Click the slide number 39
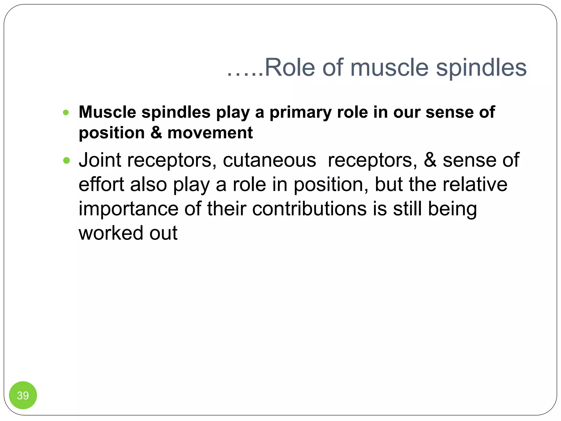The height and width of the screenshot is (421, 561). tap(23, 395)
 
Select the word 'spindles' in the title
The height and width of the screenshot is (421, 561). tap(481, 68)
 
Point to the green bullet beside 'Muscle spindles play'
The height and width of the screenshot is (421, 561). tap(66, 112)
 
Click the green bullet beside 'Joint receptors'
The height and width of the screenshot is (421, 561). tap(66, 160)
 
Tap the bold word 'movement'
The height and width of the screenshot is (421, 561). tap(210, 133)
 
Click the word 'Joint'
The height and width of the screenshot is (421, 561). tap(100, 160)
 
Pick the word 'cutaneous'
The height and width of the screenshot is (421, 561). tap(269, 160)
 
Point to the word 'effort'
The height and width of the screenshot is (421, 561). tap(101, 184)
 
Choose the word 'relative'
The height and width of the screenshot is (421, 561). tap(475, 184)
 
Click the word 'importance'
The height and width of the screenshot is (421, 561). tap(128, 209)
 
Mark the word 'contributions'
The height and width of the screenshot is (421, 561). tap(309, 209)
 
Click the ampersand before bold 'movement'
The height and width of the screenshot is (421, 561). tap(156, 133)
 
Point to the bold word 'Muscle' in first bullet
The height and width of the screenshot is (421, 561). tap(107, 112)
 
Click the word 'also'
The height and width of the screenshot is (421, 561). tap(148, 184)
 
